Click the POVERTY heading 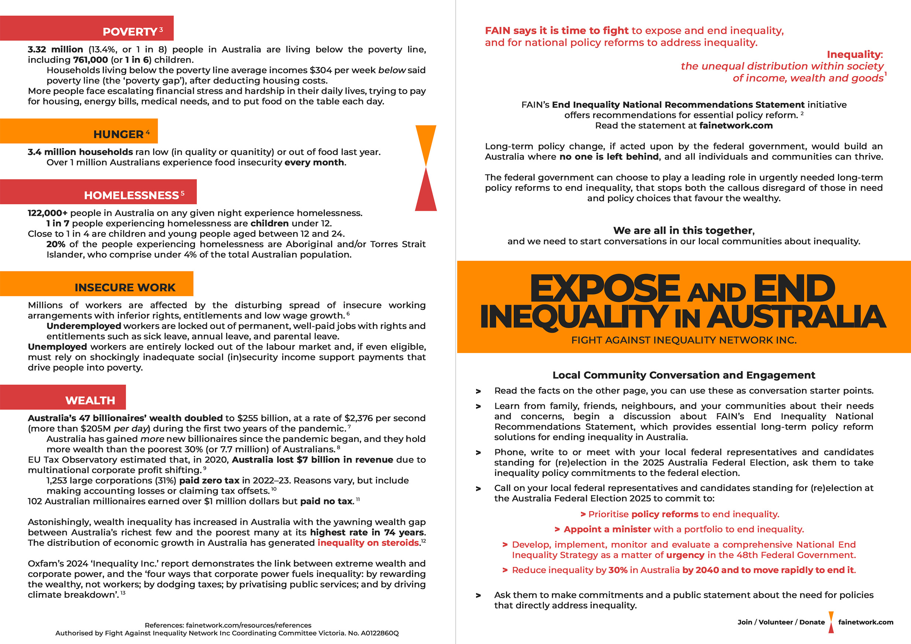coord(130,31)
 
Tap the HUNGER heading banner coord(118,134)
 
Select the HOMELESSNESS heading coord(131,195)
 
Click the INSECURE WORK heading coord(124,287)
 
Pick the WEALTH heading coord(90,400)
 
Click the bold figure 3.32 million coord(55,49)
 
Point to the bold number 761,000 coord(90,60)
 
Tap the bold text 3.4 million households coord(80,152)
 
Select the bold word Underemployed coord(84,326)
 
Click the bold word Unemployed coord(58,346)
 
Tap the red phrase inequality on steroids coord(368,542)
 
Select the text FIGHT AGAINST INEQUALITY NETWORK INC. coord(684,340)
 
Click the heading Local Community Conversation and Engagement coord(684,375)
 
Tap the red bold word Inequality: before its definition coord(855,54)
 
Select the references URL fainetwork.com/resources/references coord(249,625)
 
